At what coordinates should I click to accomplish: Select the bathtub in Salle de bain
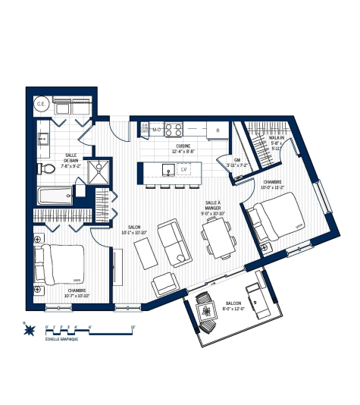(56, 196)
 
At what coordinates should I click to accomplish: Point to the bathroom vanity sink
(44, 139)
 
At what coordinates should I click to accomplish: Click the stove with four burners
(174, 130)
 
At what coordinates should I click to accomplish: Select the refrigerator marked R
(217, 130)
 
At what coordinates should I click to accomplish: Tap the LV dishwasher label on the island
(184, 169)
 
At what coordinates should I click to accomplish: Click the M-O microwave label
(156, 130)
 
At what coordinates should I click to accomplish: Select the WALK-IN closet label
(277, 138)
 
